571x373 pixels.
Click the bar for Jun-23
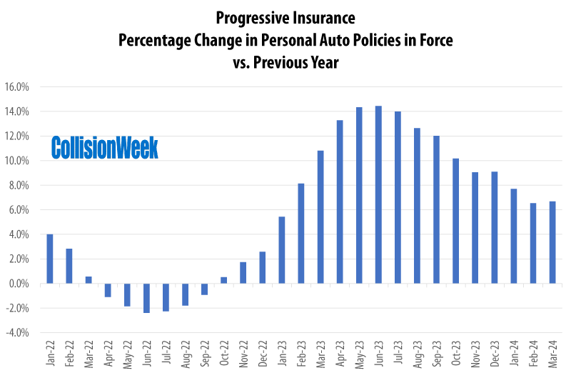pyautogui.click(x=378, y=194)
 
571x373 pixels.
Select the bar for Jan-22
pyautogui.click(x=50, y=259)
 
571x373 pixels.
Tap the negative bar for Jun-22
pyautogui.click(x=146, y=298)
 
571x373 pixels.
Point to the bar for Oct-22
pyautogui.click(x=223, y=280)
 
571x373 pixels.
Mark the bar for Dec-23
pyautogui.click(x=494, y=227)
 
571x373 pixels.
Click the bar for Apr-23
pyautogui.click(x=340, y=202)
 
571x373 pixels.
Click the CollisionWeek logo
pyautogui.click(x=105, y=148)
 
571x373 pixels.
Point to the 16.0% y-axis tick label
pyautogui.click(x=16, y=87)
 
